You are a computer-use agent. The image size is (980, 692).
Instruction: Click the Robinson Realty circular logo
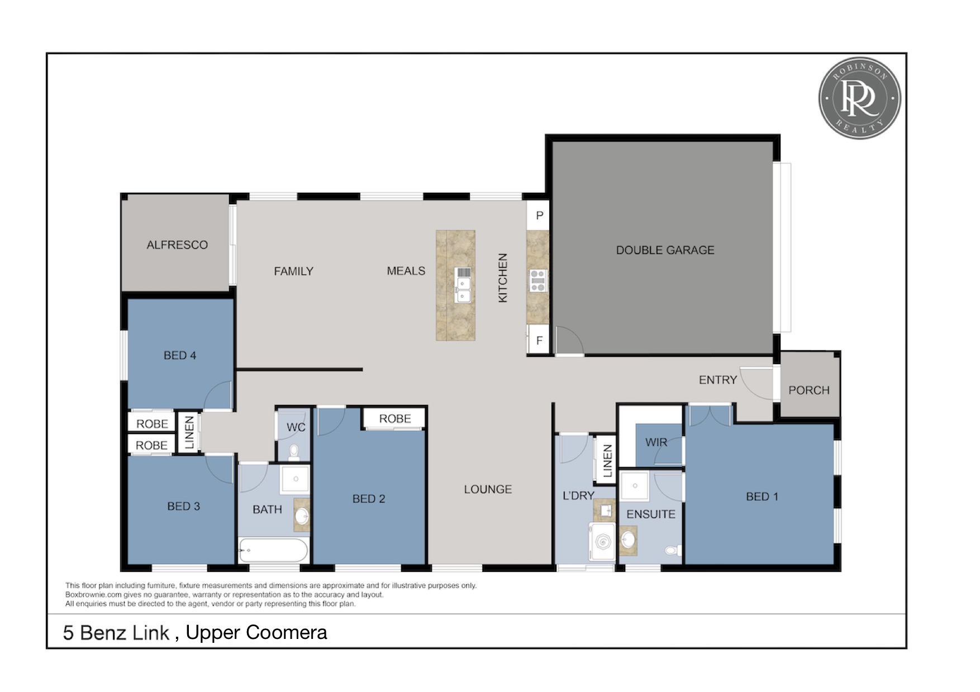(x=859, y=98)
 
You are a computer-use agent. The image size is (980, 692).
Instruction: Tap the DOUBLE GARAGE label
(x=665, y=250)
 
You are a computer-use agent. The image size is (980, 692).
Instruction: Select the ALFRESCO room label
(x=177, y=245)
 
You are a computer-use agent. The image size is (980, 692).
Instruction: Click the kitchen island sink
(x=463, y=285)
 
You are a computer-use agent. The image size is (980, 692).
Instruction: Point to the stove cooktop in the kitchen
(x=537, y=280)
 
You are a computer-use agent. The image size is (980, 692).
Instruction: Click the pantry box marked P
(x=539, y=216)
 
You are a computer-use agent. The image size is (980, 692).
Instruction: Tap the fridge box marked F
(x=539, y=340)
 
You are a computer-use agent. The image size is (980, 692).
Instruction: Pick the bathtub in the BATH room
(x=273, y=550)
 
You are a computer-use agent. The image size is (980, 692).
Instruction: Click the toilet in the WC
(x=294, y=451)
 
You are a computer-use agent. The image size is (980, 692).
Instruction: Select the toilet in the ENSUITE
(x=672, y=550)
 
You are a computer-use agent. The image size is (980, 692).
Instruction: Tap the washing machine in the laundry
(x=602, y=542)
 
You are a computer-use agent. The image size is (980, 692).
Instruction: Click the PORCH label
(x=808, y=390)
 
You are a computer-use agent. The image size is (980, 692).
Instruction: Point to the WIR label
(x=656, y=442)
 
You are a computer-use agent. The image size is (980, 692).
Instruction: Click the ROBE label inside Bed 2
(x=395, y=418)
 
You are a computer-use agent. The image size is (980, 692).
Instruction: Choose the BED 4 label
(x=180, y=355)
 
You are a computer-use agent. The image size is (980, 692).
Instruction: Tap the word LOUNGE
(x=488, y=489)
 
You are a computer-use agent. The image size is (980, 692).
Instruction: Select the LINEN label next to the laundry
(x=607, y=461)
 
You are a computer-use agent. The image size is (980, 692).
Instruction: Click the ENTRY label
(x=718, y=380)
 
